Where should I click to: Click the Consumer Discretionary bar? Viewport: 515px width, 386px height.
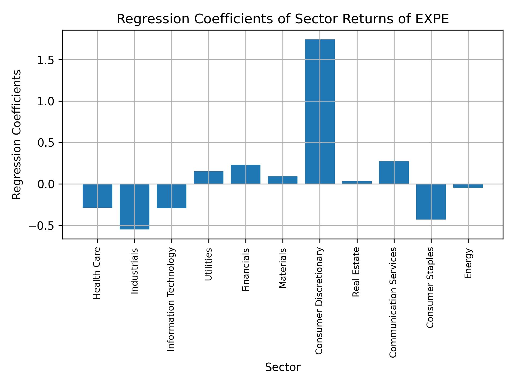tap(320, 112)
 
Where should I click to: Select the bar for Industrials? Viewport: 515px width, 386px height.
tap(134, 207)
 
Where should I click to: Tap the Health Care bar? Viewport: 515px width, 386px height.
tap(97, 196)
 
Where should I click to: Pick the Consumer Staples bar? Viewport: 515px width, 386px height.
tap(431, 202)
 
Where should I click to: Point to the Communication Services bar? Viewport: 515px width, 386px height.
tap(394, 173)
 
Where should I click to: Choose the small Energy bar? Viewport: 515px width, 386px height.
tap(468, 186)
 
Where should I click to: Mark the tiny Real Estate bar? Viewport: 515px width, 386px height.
tap(357, 183)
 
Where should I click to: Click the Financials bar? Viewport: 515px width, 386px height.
tap(245, 174)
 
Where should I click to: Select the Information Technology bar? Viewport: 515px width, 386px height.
tap(171, 196)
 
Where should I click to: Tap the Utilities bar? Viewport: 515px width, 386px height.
tap(208, 177)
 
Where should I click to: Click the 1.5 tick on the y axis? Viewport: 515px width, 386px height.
tap(46, 60)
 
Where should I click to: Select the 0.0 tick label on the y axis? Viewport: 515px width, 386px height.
tap(46, 184)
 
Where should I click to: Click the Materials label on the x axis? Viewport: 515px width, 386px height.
tap(283, 268)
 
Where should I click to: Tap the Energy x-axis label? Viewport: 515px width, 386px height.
tap(468, 263)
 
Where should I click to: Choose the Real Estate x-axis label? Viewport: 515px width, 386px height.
tap(356, 272)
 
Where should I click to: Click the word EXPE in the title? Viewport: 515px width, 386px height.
tap(433, 19)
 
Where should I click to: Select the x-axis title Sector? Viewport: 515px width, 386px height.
tap(283, 368)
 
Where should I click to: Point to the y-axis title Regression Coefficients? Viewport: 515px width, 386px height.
tap(17, 135)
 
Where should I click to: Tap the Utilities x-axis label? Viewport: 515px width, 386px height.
tap(208, 264)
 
